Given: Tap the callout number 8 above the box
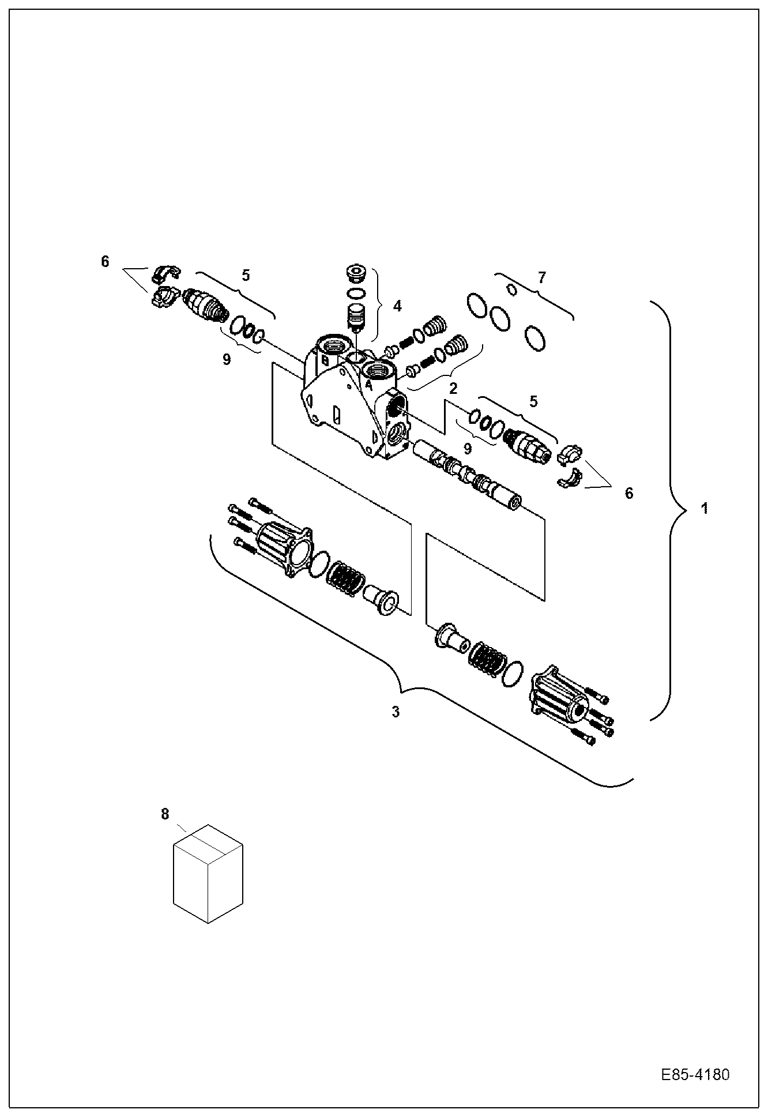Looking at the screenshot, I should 165,814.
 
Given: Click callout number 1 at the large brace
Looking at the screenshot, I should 704,509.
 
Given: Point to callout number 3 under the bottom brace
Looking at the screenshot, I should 396,712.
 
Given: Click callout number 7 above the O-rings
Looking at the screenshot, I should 541,278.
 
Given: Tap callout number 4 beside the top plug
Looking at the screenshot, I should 397,306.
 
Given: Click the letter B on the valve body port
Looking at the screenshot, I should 325,360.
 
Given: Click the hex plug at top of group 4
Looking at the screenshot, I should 356,272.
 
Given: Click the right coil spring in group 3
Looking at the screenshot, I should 485,660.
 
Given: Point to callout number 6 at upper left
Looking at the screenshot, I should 104,261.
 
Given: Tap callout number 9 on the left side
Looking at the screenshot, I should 227,359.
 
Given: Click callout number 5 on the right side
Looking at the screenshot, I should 533,401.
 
